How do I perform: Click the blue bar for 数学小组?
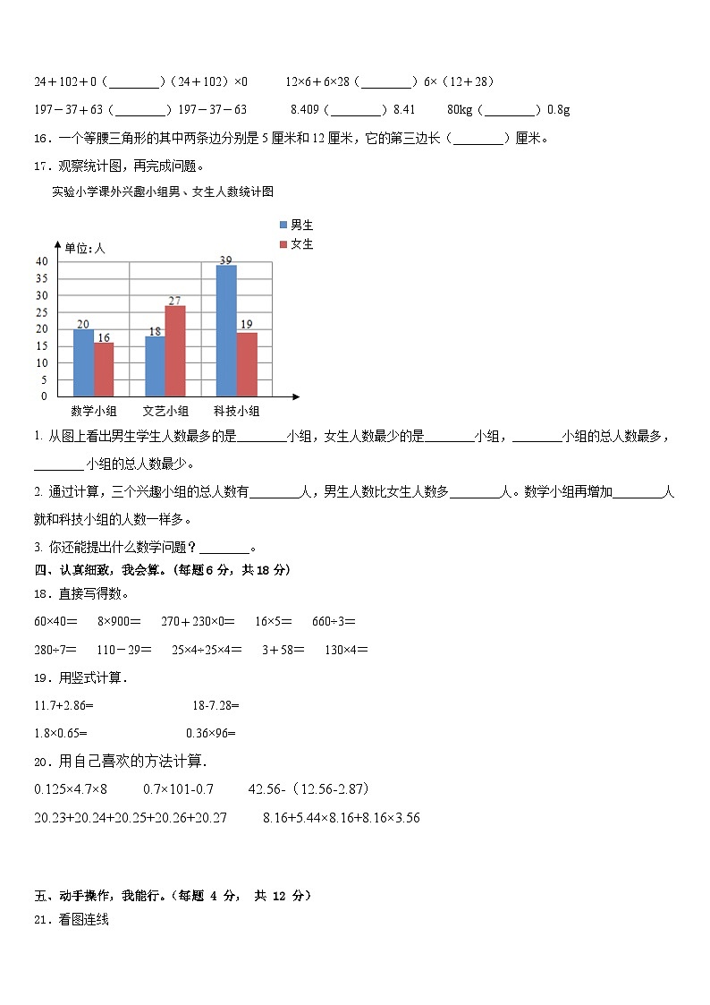pyautogui.click(x=83, y=362)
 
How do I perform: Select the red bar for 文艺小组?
pyautogui.click(x=175, y=351)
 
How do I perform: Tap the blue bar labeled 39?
pyautogui.click(x=226, y=330)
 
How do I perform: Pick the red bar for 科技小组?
pyautogui.click(x=247, y=364)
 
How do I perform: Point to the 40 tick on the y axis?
pyautogui.click(x=41, y=260)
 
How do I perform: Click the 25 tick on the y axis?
pyautogui.click(x=41, y=311)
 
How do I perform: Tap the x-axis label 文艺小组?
pyautogui.click(x=165, y=412)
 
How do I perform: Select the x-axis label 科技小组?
pyautogui.click(x=236, y=412)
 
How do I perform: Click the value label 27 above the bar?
pyautogui.click(x=175, y=300)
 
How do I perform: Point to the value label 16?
pyautogui.click(x=104, y=337)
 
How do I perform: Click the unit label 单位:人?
pyautogui.click(x=85, y=248)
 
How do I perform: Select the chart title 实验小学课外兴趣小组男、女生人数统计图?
pyautogui.click(x=162, y=192)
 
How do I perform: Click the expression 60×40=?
pyautogui.click(x=55, y=621)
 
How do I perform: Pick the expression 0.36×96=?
pyautogui.click(x=211, y=734)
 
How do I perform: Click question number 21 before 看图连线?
pyautogui.click(x=43, y=919)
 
